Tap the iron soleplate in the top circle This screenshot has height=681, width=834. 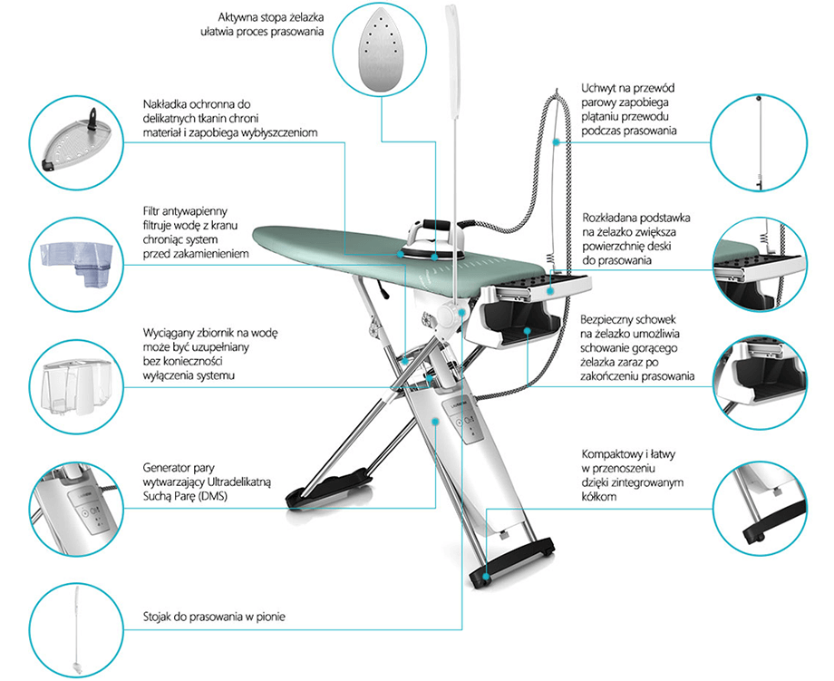(379, 51)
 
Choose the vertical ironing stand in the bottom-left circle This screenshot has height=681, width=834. (76, 631)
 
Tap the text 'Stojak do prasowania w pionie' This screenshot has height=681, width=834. (214, 617)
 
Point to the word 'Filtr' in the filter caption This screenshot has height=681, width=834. (150, 211)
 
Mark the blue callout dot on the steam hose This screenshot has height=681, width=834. (557, 142)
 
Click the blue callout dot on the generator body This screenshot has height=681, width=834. (435, 422)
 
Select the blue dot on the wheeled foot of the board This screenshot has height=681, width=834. (485, 576)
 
